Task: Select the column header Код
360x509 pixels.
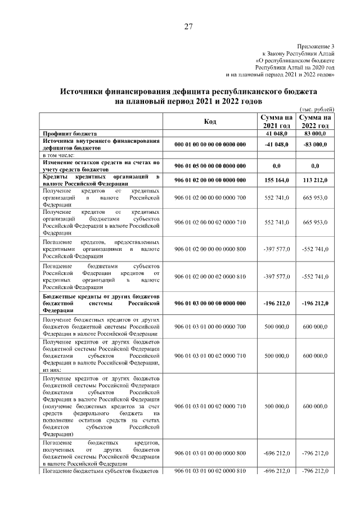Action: point(210,121)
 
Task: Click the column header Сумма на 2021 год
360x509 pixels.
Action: point(276,121)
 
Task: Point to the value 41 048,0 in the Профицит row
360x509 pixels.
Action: point(276,133)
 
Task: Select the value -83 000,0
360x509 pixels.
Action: point(314,145)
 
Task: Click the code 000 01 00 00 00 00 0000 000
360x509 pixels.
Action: point(210,145)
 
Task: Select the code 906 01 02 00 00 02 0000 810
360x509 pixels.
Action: point(210,276)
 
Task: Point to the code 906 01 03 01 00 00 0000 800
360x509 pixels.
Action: point(210,453)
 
